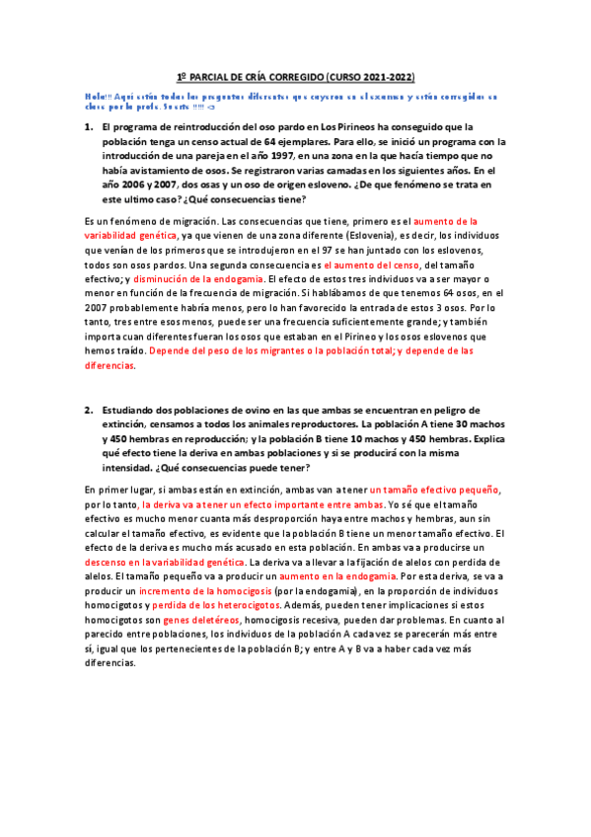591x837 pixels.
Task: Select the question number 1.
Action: coord(88,127)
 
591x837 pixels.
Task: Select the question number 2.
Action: coord(88,410)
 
